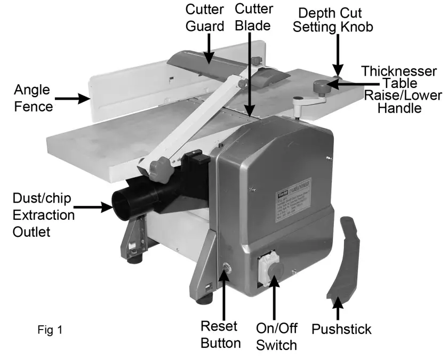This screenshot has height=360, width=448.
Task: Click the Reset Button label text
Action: coord(220,334)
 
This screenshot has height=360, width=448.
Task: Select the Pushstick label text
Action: coord(341,328)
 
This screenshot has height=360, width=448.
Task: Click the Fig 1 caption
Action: coord(50,330)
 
